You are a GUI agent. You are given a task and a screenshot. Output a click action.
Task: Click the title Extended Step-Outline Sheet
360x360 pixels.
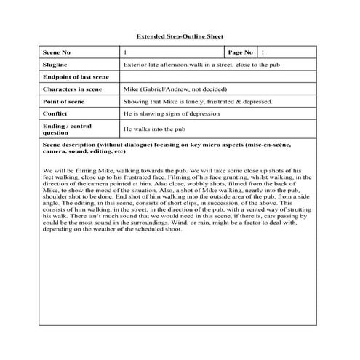click(x=180, y=36)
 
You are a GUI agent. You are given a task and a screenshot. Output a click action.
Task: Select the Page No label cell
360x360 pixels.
click(x=240, y=53)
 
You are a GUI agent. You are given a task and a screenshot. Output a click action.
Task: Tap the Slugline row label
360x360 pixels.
click(x=56, y=65)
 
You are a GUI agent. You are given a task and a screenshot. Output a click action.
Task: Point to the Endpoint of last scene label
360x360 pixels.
click(x=76, y=77)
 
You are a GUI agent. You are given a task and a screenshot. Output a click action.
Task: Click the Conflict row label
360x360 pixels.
click(x=55, y=114)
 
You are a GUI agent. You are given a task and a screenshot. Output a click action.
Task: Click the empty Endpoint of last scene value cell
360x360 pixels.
click(x=218, y=77)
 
